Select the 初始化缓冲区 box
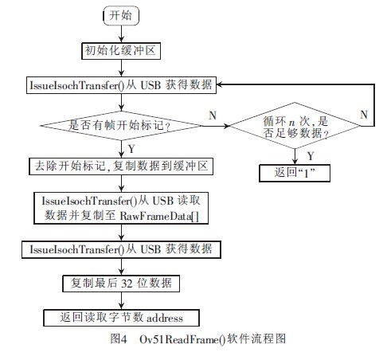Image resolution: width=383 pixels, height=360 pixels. [122, 51]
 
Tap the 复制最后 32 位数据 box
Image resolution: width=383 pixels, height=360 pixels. [122, 284]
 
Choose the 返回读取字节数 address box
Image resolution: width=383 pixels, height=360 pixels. [122, 318]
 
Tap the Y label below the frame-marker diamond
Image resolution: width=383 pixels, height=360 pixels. [131, 148]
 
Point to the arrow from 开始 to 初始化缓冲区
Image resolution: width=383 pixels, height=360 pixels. [122, 33]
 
